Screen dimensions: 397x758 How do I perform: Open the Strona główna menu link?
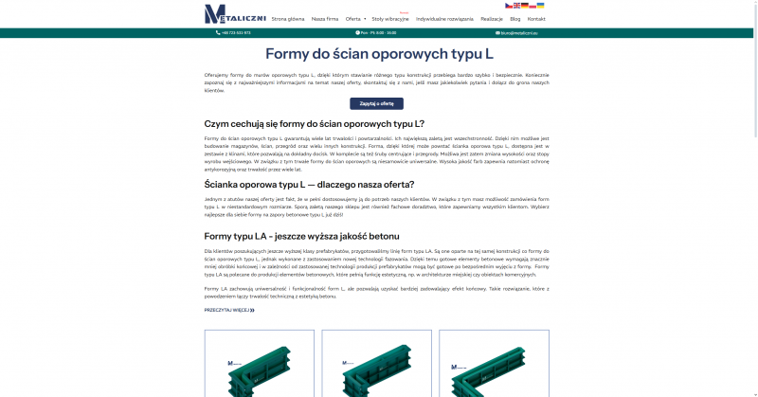288,19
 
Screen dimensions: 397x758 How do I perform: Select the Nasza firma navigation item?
325,19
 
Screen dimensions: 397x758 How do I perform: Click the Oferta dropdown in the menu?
355,19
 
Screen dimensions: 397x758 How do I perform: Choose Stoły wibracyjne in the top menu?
390,19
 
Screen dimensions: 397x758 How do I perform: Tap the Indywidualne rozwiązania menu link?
444,19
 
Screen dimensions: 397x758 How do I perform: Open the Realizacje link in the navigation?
492,19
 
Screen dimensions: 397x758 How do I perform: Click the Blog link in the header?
515,19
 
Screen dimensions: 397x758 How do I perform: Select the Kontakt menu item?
536,19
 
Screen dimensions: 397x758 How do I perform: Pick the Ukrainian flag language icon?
540,5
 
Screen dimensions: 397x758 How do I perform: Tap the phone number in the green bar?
237,33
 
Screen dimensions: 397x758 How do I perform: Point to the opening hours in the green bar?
377,33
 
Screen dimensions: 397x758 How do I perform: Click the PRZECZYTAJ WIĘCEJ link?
229,310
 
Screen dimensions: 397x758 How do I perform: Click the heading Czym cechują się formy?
315,124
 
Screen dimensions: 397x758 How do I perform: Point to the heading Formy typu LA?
302,236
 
